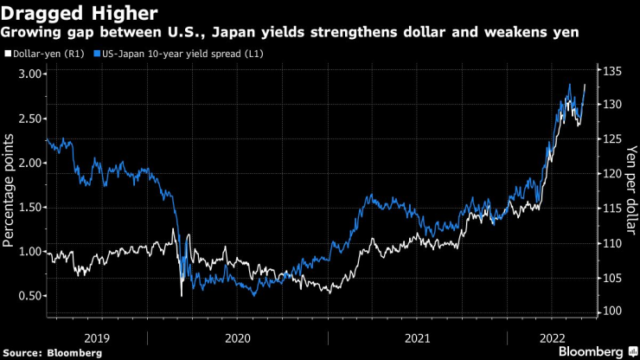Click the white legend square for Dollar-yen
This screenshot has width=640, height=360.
pos(8,54)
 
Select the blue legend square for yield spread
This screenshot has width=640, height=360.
pos(96,54)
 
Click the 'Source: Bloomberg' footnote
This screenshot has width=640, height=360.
pos(53,353)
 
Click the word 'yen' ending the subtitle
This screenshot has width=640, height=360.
pos(566,32)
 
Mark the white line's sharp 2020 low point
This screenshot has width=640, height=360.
pos(182,297)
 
